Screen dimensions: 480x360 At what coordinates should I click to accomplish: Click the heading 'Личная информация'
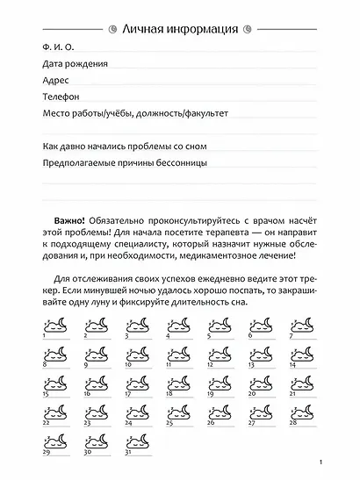point(179,29)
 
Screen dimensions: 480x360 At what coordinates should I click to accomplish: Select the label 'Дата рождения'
point(75,65)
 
